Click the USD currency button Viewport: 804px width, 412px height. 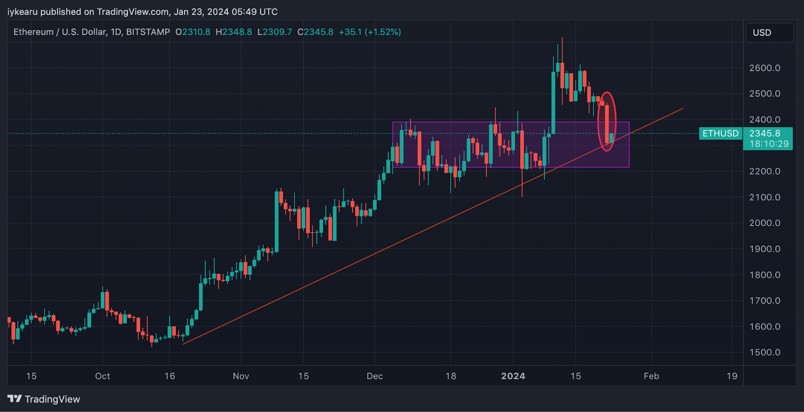coord(769,33)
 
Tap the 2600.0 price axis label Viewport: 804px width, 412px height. coord(764,68)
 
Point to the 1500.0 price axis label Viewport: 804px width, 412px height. coord(764,352)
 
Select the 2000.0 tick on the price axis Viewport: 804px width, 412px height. coord(764,223)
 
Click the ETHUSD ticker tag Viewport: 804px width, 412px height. coord(720,134)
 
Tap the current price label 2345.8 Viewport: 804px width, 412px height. coord(764,134)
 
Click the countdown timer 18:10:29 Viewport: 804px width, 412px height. coord(768,144)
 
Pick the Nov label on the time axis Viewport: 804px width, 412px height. coord(241,376)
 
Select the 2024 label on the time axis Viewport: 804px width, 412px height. coord(513,376)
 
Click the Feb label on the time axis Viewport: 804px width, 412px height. coord(651,376)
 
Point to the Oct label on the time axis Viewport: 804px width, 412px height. coord(103,376)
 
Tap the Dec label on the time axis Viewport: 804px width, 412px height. coord(374,376)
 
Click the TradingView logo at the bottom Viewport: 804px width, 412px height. coord(44,399)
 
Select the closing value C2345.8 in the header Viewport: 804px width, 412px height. coord(315,32)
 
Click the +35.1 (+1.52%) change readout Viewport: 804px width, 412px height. coord(370,32)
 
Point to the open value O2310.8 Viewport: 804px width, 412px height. coord(193,32)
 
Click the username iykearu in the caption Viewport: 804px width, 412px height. coord(22,12)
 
